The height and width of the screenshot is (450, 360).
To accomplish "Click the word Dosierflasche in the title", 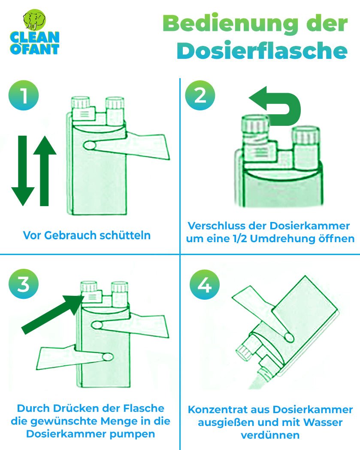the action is click(x=262, y=51).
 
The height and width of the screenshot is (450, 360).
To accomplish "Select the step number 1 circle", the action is click(x=24, y=95).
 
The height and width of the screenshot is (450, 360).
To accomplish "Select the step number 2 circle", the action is click(x=200, y=95).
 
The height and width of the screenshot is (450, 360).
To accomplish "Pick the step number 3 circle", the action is click(x=24, y=284).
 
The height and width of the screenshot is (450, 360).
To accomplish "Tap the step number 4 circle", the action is click(x=205, y=285).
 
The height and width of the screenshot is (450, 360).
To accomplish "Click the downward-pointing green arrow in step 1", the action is click(x=23, y=170).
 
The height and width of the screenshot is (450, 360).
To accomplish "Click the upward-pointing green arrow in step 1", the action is click(x=45, y=170).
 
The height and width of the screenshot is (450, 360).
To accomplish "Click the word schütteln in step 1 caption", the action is click(x=125, y=235).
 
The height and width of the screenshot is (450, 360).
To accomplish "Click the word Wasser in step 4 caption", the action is click(x=323, y=423).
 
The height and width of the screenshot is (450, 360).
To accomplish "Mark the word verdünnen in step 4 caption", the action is click(x=270, y=435).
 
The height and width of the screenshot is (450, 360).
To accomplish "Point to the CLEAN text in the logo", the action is click(x=35, y=37).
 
